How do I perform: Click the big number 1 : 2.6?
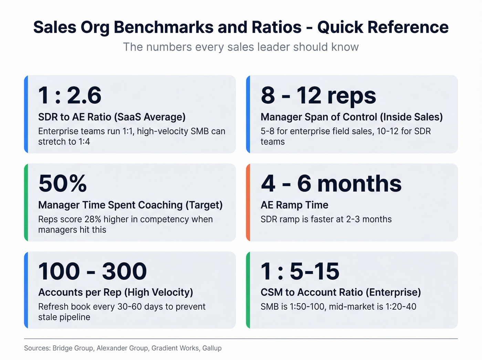70,95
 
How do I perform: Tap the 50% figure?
63,183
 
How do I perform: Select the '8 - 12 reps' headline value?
318,95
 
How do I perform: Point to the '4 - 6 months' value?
331,183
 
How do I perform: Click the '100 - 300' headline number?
92,271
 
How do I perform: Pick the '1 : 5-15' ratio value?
300,271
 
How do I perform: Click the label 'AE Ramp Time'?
294,205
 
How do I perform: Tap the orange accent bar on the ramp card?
248,202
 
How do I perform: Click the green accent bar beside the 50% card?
26,202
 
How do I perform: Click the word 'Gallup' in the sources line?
212,348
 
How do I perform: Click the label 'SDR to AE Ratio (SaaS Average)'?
112,117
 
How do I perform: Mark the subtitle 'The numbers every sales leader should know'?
241,47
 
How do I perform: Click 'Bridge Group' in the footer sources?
73,348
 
